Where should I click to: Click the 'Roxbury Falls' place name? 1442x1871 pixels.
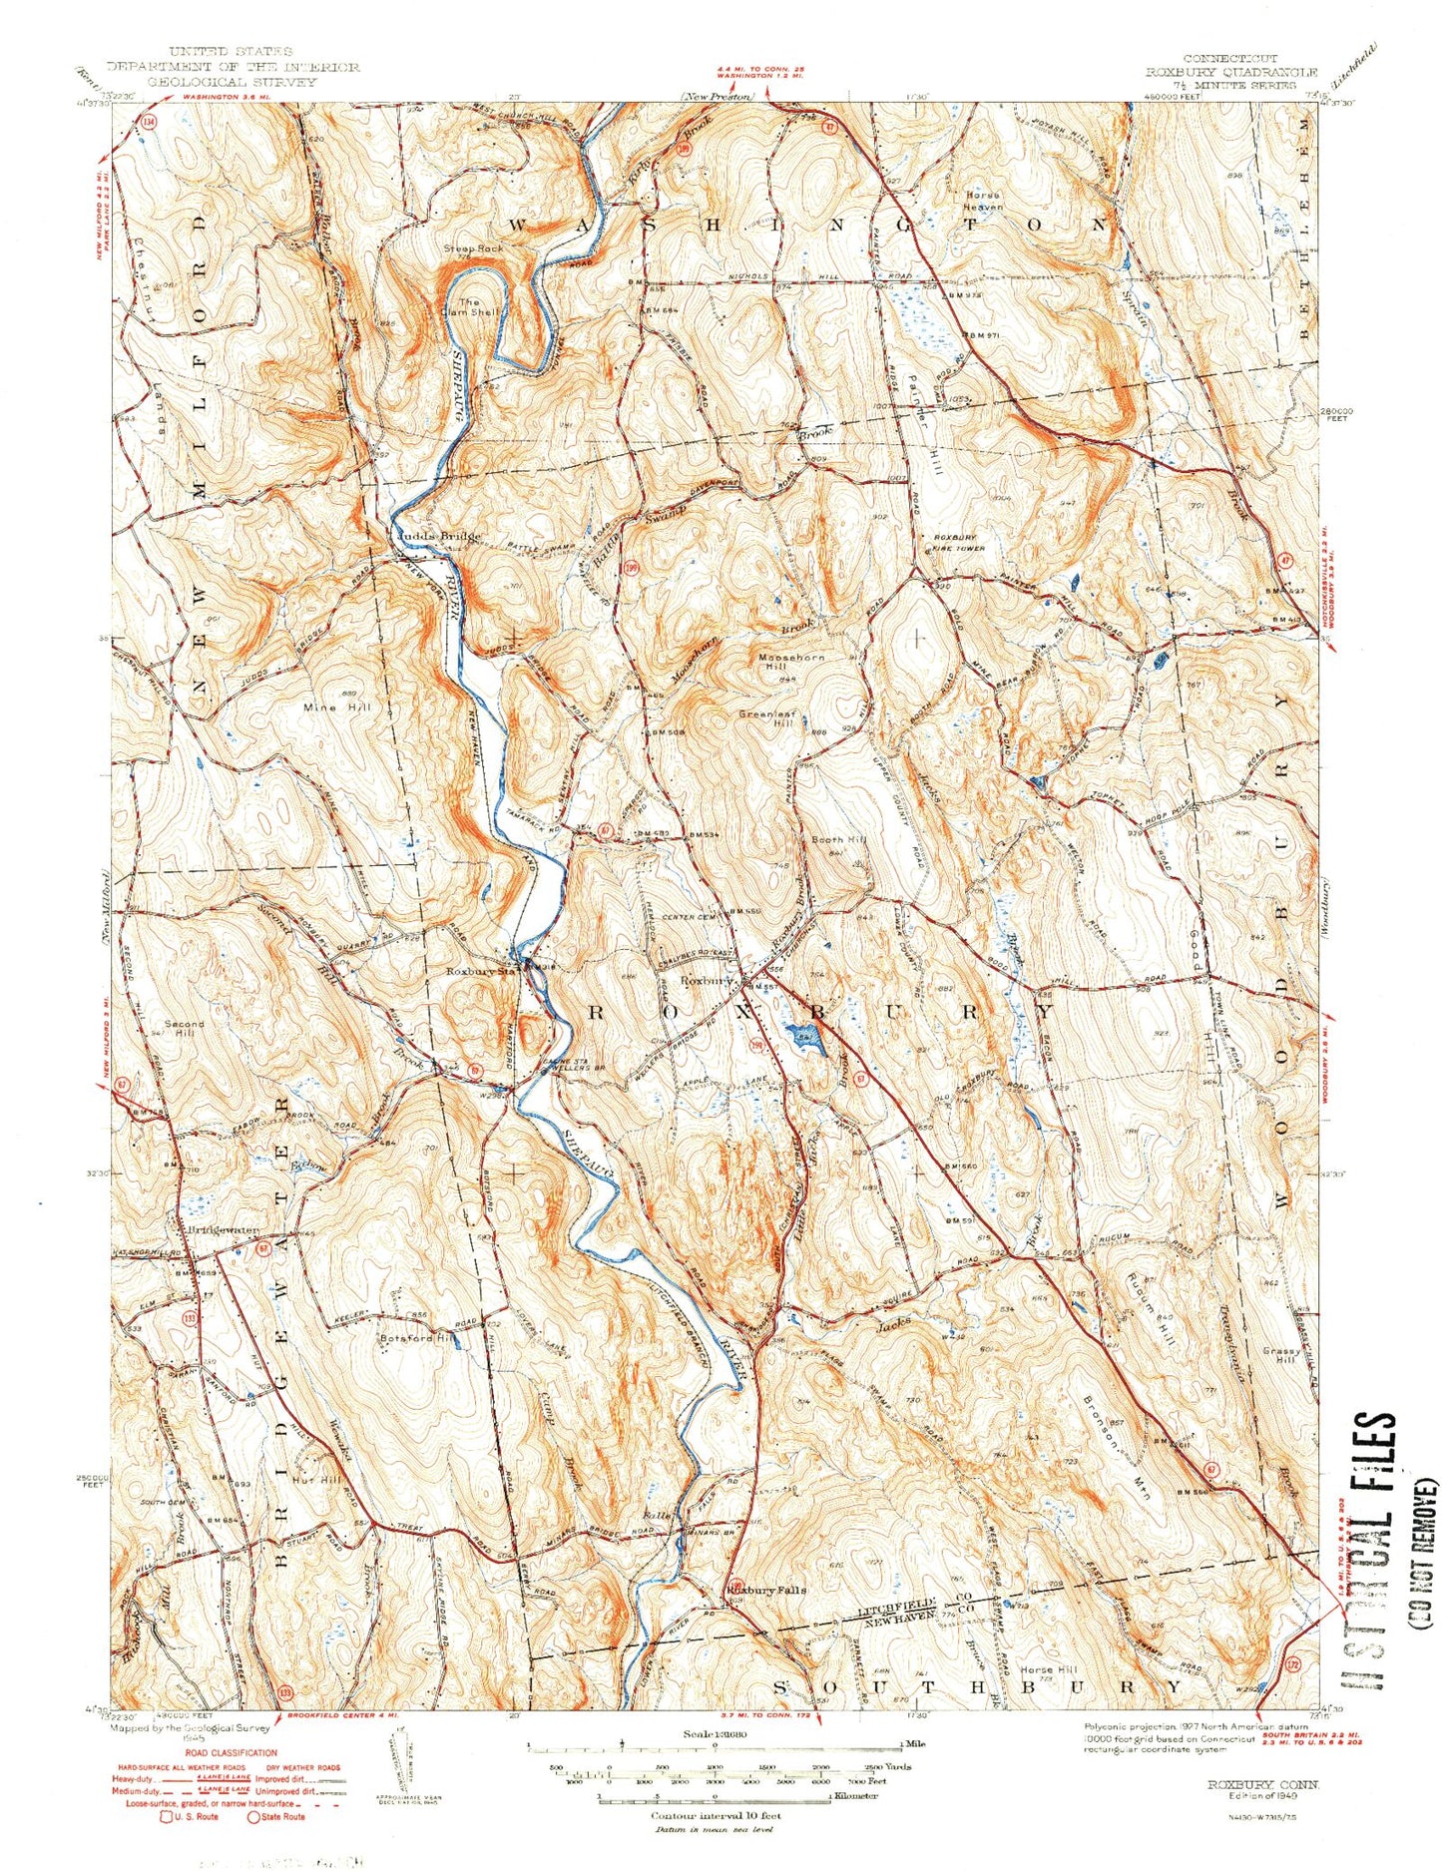pos(766,1590)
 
